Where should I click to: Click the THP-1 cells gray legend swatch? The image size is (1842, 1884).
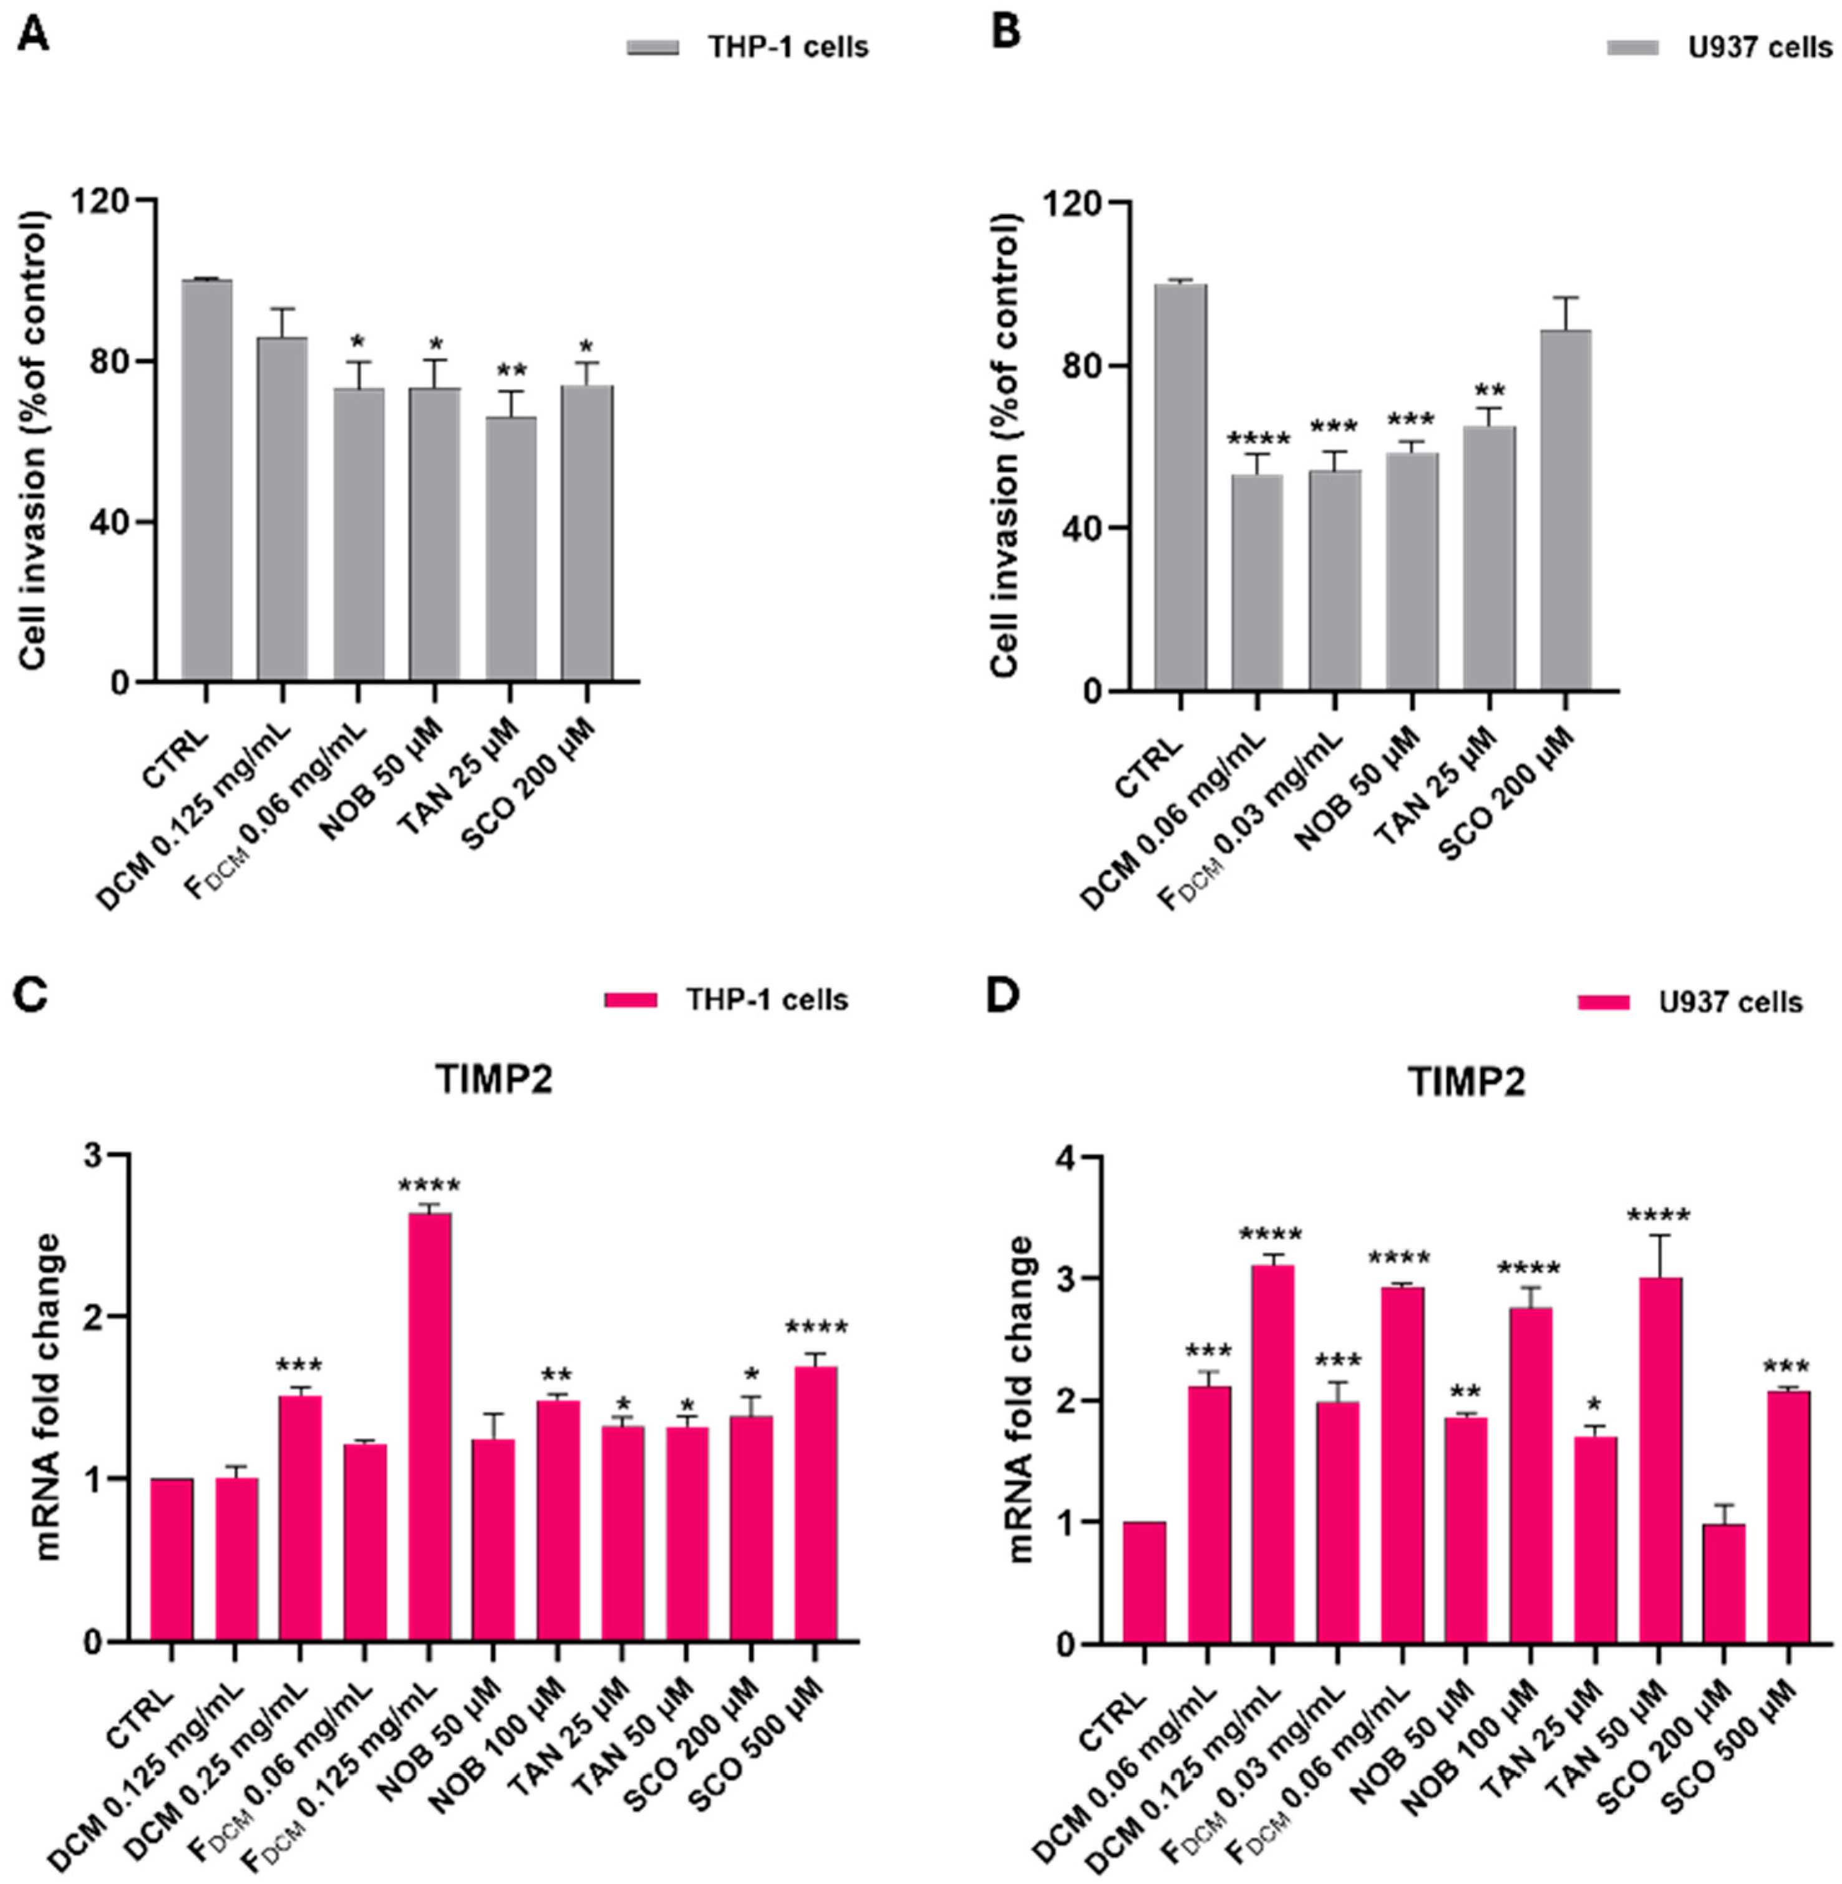[x=653, y=47]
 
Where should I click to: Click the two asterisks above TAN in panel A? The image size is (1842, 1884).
[x=511, y=372]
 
